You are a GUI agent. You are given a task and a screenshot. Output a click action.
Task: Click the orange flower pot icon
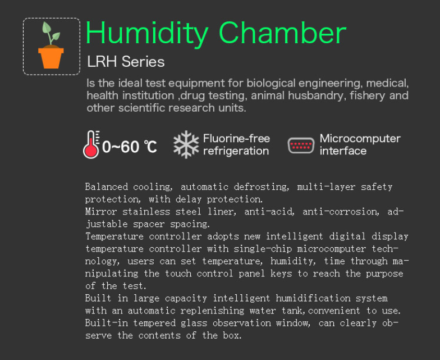51,57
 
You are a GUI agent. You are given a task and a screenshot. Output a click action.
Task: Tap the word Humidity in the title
147,33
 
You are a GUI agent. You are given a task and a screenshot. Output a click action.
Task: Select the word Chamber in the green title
282,33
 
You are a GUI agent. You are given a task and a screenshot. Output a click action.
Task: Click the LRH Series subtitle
126,62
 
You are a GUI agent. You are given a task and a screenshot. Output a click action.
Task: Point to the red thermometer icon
91,145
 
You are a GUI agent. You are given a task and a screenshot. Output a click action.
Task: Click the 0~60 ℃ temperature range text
129,147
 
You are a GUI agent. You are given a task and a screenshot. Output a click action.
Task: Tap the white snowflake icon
186,144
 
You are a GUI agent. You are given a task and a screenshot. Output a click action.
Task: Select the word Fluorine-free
237,138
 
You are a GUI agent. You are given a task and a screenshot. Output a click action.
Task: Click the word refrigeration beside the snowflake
236,151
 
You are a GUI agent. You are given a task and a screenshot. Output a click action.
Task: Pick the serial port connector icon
301,145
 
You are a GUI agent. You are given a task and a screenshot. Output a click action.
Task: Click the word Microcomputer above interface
360,138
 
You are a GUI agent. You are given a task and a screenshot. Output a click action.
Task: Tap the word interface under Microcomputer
343,151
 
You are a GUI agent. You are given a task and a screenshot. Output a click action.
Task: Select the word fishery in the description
368,95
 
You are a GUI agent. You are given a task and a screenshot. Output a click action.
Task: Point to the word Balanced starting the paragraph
107,186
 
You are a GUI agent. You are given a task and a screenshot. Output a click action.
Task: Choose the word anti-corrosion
341,211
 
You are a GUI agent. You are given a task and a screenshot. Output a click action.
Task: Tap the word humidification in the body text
313,298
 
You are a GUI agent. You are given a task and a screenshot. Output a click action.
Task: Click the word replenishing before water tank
212,310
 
